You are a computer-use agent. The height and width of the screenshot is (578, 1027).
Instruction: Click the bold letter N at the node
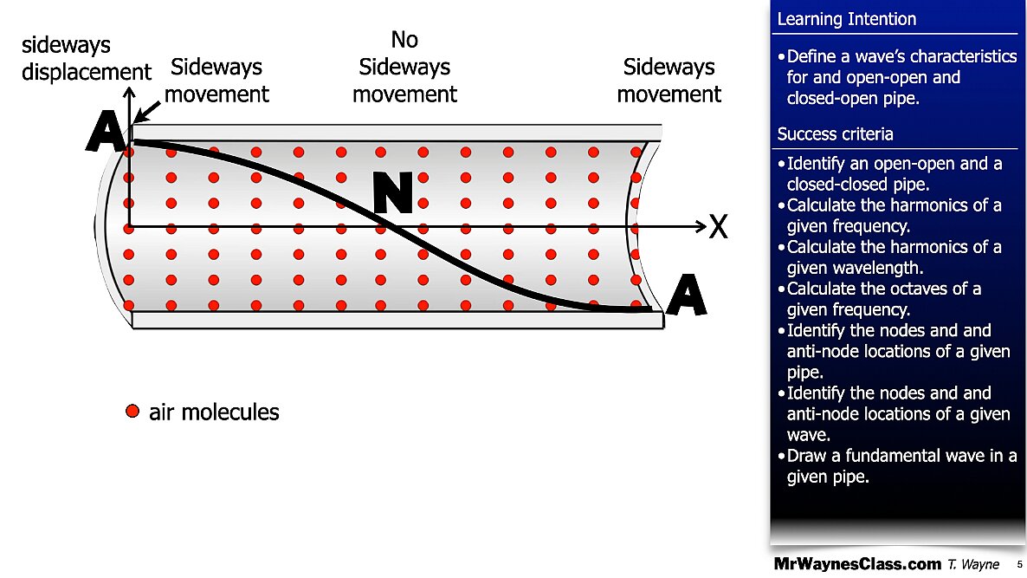coord(393,192)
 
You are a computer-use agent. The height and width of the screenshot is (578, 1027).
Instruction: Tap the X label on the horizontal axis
coord(719,227)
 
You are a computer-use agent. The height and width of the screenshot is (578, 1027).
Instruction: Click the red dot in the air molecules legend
coord(132,411)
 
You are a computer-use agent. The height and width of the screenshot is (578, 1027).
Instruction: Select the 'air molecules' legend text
coord(214,412)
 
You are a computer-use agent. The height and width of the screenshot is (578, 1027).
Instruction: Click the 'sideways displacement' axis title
coord(87,58)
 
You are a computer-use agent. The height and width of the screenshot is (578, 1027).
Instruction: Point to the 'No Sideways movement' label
coord(404,67)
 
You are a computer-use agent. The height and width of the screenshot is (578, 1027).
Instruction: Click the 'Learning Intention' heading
coord(846,19)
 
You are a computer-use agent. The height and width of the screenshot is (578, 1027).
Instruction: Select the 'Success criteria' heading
coord(835,134)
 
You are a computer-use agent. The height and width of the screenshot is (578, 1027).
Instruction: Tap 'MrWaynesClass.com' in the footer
coord(857,563)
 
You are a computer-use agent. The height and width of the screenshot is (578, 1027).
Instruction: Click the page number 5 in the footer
coord(1019,564)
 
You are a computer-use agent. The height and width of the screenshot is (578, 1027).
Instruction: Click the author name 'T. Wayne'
coord(973,564)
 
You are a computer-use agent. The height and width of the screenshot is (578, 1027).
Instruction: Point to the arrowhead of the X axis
coord(701,227)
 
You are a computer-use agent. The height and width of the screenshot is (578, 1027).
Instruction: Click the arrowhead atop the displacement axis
coord(130,93)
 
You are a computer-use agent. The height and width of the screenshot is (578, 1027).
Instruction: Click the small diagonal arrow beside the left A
coord(147,112)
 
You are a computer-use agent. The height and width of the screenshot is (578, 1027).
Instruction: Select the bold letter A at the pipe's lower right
coord(687,295)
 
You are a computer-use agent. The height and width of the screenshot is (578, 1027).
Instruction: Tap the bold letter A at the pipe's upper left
coord(107,131)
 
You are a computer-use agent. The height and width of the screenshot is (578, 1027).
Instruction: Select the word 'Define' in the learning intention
coord(817,56)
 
